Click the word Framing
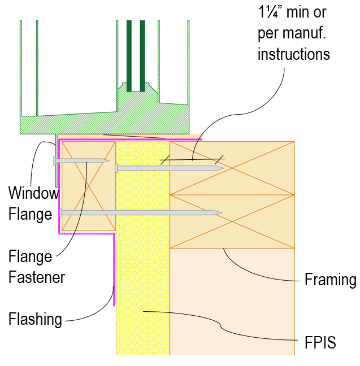point(330,280)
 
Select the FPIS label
point(316,342)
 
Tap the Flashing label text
point(35,320)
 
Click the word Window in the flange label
point(33,194)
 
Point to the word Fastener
point(36,277)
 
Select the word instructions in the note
point(293,55)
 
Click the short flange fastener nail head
point(55,160)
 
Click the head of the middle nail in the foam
point(116,168)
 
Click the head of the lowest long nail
point(60,213)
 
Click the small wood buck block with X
point(88,186)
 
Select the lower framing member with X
point(232,221)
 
